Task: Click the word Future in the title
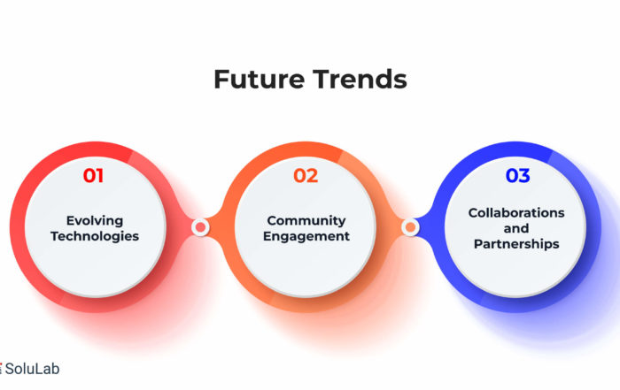coord(259,79)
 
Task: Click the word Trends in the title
coord(360,79)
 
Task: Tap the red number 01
coord(93,176)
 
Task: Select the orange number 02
coord(306,176)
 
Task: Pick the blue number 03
coord(517,176)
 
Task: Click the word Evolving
coord(95,221)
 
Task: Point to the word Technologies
coord(95,236)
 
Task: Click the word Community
coord(306,220)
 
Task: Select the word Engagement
coord(306,236)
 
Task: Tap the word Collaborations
coord(516,213)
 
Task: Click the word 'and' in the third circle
coord(516,228)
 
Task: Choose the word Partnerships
coord(516,244)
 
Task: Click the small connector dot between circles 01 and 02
coord(200,227)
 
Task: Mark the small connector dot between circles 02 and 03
coord(410,227)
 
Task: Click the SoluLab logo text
coord(32,369)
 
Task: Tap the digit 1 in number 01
coord(99,176)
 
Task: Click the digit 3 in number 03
coord(524,176)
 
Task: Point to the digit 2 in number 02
coord(312,176)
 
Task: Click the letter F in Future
coord(221,80)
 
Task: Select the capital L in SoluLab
coord(42,369)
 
